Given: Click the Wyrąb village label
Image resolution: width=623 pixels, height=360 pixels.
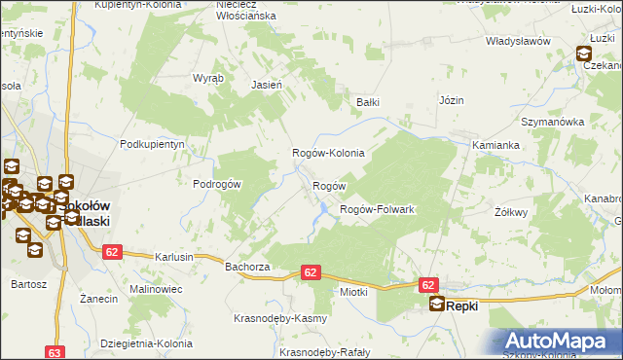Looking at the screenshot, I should pyautogui.click(x=208, y=77).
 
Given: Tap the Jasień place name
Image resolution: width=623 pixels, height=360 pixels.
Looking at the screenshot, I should pyautogui.click(x=267, y=85).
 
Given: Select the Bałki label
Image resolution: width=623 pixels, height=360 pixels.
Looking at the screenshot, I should pyautogui.click(x=367, y=101).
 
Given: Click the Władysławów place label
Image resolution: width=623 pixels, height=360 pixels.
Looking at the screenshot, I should pyautogui.click(x=519, y=41).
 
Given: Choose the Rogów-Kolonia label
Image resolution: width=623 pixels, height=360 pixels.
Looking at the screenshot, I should pyautogui.click(x=329, y=153).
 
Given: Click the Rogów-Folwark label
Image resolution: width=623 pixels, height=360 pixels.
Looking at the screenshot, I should pyautogui.click(x=377, y=209).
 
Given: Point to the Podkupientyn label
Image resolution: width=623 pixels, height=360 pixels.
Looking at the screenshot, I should pyautogui.click(x=152, y=143).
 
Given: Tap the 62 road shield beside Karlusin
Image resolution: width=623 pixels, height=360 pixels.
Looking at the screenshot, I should pyautogui.click(x=112, y=252).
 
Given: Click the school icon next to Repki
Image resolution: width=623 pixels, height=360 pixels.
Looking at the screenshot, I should pyautogui.click(x=437, y=304).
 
